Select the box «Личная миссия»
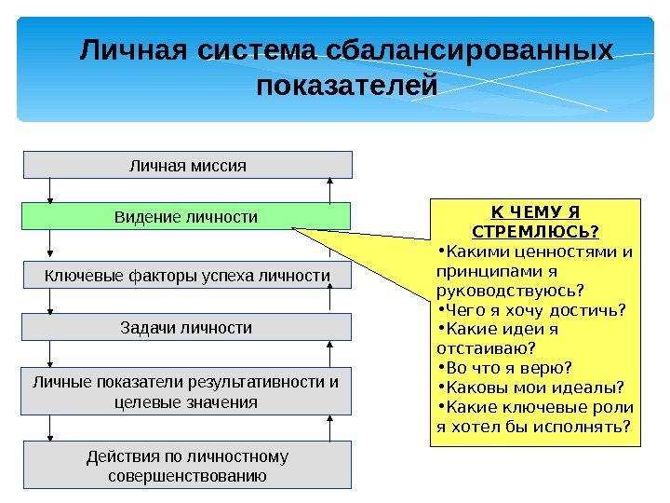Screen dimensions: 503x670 coord(187,165)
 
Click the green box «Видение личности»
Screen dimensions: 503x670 coord(186,216)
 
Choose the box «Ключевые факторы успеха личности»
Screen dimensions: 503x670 coord(187,276)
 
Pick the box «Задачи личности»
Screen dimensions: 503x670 coord(187,327)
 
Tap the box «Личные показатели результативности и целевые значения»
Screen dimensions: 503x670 coord(186,391)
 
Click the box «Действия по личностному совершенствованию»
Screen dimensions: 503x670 coord(187,466)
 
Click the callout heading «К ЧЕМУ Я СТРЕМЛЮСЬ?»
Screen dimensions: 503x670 coord(536,221)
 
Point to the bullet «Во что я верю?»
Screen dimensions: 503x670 coord(508,368)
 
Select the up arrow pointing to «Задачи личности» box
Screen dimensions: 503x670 coord(328,354)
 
